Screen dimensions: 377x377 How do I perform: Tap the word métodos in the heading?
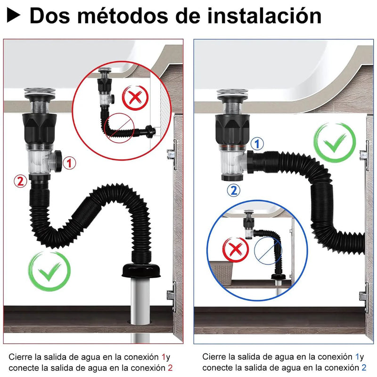[122, 16]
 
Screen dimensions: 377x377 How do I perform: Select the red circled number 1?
[69, 164]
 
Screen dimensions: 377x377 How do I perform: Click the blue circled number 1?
[257, 144]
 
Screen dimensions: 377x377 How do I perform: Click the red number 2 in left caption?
[170, 367]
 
